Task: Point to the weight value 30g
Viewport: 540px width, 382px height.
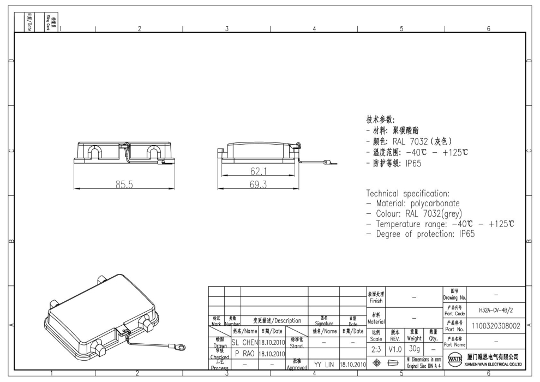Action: (415, 349)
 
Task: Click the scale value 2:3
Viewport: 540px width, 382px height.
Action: (376, 349)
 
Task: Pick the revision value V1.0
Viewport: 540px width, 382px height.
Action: (395, 349)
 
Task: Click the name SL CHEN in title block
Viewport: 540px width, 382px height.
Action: (244, 342)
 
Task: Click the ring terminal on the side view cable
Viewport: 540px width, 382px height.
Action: (327, 163)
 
